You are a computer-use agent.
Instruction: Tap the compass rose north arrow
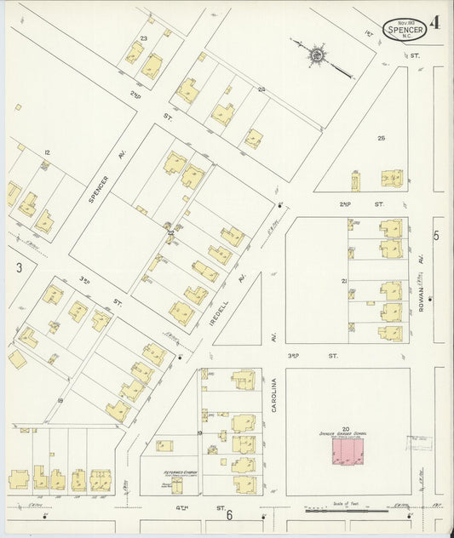pyautogui.click(x=317, y=55)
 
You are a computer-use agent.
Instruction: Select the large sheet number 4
pyautogui.click(x=434, y=25)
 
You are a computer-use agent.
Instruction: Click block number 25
pyautogui.click(x=382, y=138)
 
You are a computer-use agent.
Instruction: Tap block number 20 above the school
pyautogui.click(x=346, y=428)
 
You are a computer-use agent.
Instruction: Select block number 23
pyautogui.click(x=144, y=38)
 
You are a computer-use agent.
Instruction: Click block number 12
pyautogui.click(x=48, y=152)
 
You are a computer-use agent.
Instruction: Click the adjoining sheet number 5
pyautogui.click(x=436, y=236)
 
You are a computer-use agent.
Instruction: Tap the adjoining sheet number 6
pyautogui.click(x=229, y=515)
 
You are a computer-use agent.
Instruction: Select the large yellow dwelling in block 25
pyautogui.click(x=392, y=179)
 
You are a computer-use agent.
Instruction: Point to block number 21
pyautogui.click(x=344, y=280)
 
